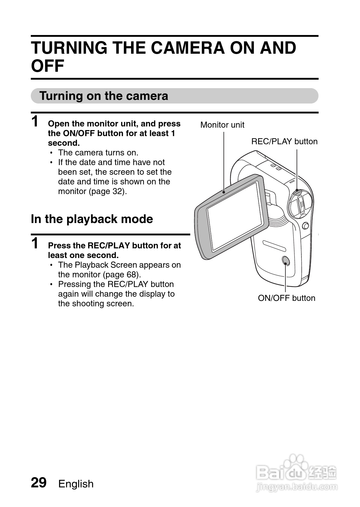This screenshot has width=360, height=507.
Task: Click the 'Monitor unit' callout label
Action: pyautogui.click(x=222, y=125)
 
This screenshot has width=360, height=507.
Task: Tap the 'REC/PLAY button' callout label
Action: pyautogui.click(x=284, y=142)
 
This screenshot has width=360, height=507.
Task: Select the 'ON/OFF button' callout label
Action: pyautogui.click(x=286, y=298)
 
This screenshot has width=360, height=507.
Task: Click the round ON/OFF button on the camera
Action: pyautogui.click(x=285, y=261)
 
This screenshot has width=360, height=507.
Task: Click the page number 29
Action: pyautogui.click(x=39, y=483)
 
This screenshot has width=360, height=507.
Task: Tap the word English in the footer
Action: pyautogui.click(x=76, y=484)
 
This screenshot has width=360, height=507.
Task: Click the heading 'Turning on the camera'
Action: pyautogui.click(x=104, y=96)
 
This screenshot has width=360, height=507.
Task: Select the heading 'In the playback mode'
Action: pyautogui.click(x=92, y=219)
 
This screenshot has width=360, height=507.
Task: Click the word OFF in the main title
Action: pyautogui.click(x=48, y=66)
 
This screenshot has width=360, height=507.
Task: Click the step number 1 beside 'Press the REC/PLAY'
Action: pyautogui.click(x=35, y=244)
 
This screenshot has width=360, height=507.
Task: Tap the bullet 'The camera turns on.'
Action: pyautogui.click(x=98, y=153)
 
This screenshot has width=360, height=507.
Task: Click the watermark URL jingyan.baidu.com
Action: pyautogui.click(x=296, y=487)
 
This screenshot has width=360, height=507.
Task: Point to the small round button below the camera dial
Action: pyautogui.click(x=306, y=225)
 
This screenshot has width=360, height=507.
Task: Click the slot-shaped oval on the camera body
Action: pyautogui.click(x=274, y=246)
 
